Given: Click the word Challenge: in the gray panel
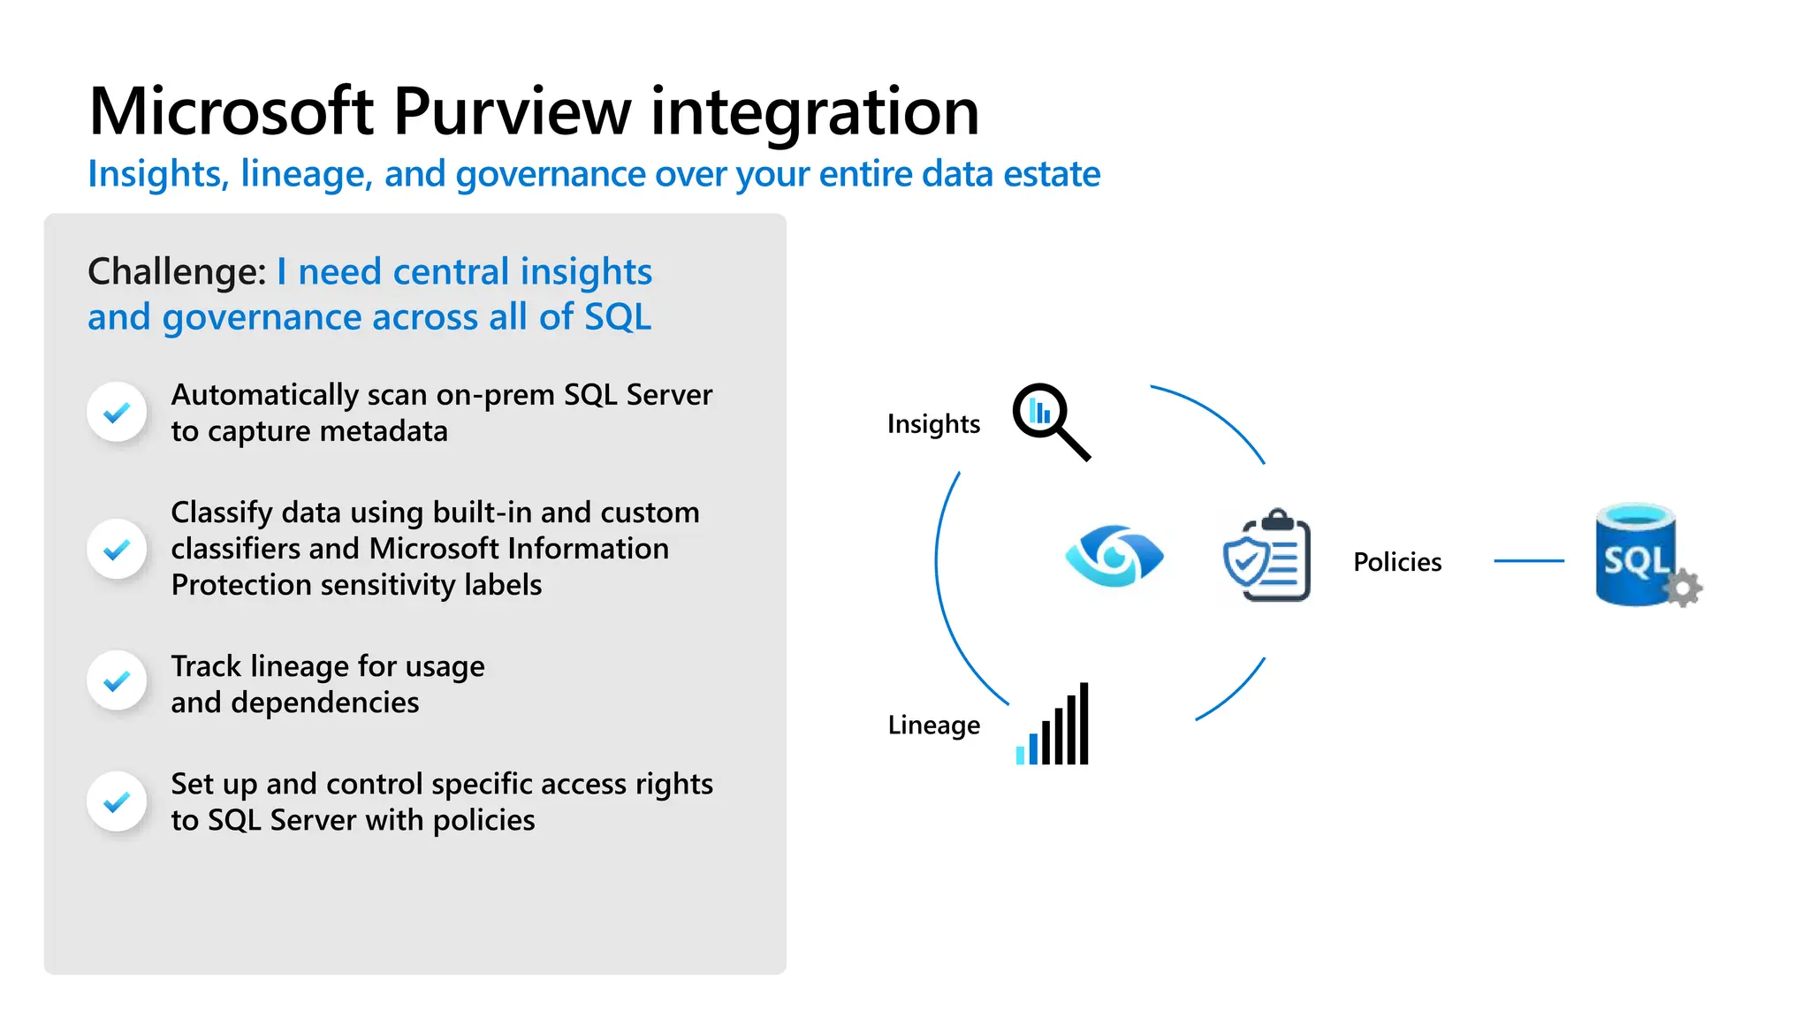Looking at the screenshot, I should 177,272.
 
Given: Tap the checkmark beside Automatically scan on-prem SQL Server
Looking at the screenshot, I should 117,412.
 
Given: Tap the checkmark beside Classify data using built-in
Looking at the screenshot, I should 117,549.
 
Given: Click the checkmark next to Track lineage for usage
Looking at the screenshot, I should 117,680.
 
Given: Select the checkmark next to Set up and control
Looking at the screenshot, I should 117,801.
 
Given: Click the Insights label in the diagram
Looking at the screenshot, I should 933,424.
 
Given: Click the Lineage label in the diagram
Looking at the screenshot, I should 933,726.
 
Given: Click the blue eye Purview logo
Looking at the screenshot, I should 1114,557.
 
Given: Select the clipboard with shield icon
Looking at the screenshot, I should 1267,557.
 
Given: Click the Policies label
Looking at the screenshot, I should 1397,562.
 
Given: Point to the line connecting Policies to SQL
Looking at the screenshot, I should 1528,561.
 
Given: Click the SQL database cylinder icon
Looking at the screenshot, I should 1635,555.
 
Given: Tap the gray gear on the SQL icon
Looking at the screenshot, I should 1685,589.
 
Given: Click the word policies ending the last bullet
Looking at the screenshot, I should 483,821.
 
